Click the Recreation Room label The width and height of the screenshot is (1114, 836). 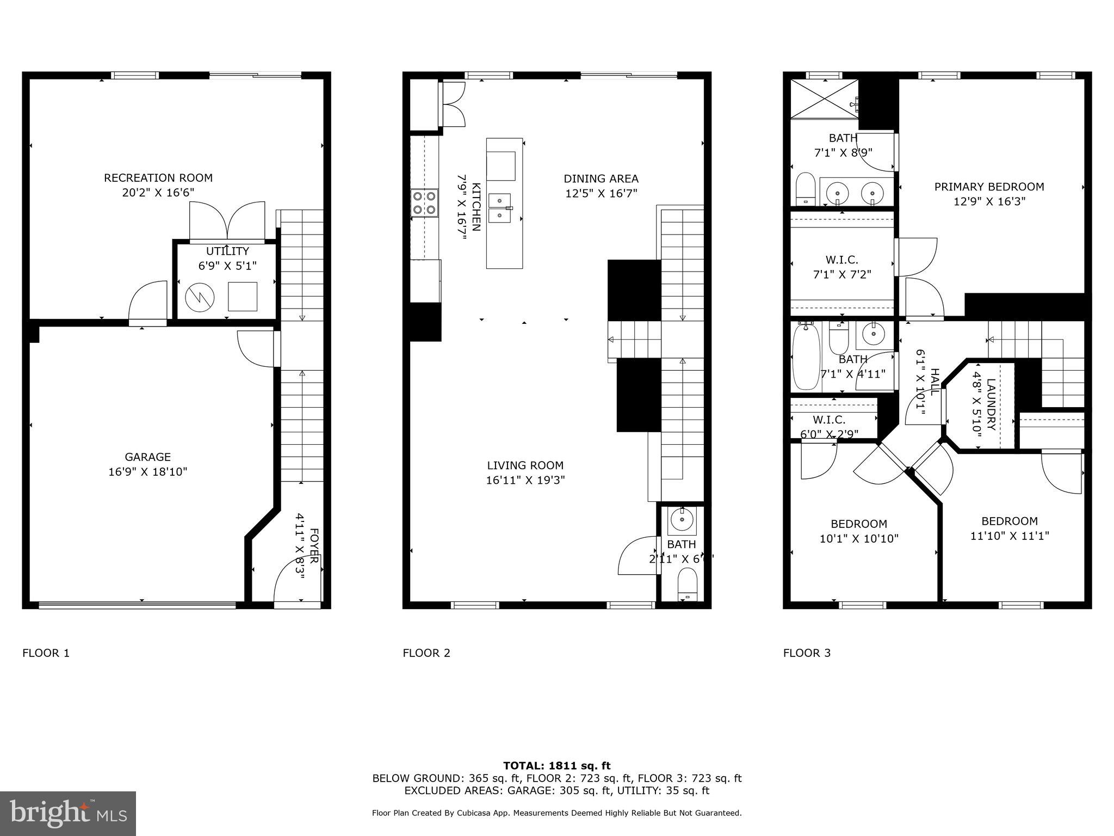pyautogui.click(x=158, y=178)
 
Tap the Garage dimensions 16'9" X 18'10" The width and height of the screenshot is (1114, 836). pyautogui.click(x=147, y=471)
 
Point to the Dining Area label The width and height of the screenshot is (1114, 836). pyautogui.click(x=601, y=179)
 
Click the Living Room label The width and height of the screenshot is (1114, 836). pyautogui.click(x=525, y=465)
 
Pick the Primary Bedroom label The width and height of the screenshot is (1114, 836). pyautogui.click(x=989, y=187)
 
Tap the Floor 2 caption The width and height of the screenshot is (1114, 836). pyautogui.click(x=426, y=653)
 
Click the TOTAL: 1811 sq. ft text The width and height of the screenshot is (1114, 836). pyautogui.click(x=556, y=766)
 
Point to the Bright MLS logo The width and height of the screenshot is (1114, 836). pyautogui.click(x=68, y=813)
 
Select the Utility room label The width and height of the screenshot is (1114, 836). pyautogui.click(x=227, y=251)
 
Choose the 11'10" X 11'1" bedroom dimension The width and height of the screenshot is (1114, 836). pyautogui.click(x=1010, y=536)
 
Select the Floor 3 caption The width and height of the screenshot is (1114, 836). pyautogui.click(x=807, y=653)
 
